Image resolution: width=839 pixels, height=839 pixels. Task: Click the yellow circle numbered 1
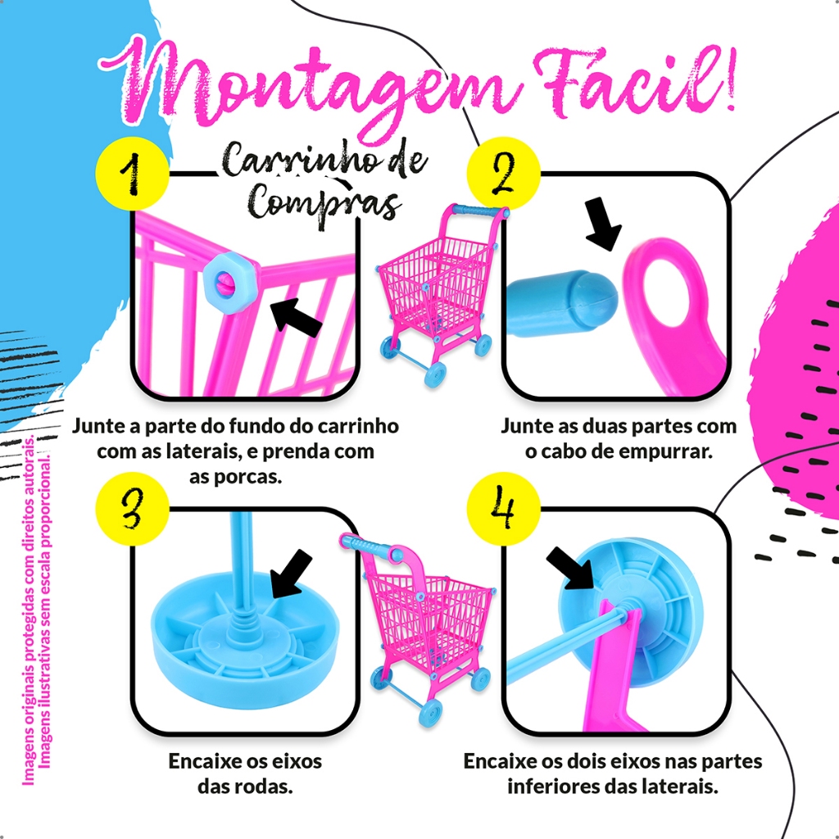(x=132, y=174)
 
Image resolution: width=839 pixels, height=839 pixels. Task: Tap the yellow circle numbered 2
(x=504, y=174)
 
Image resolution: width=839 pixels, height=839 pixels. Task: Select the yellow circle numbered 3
(x=132, y=509)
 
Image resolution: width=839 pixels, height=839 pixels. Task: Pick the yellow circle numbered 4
(x=504, y=509)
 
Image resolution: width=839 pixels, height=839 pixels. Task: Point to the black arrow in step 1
(x=296, y=317)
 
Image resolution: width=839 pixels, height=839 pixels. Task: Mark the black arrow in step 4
(x=571, y=569)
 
